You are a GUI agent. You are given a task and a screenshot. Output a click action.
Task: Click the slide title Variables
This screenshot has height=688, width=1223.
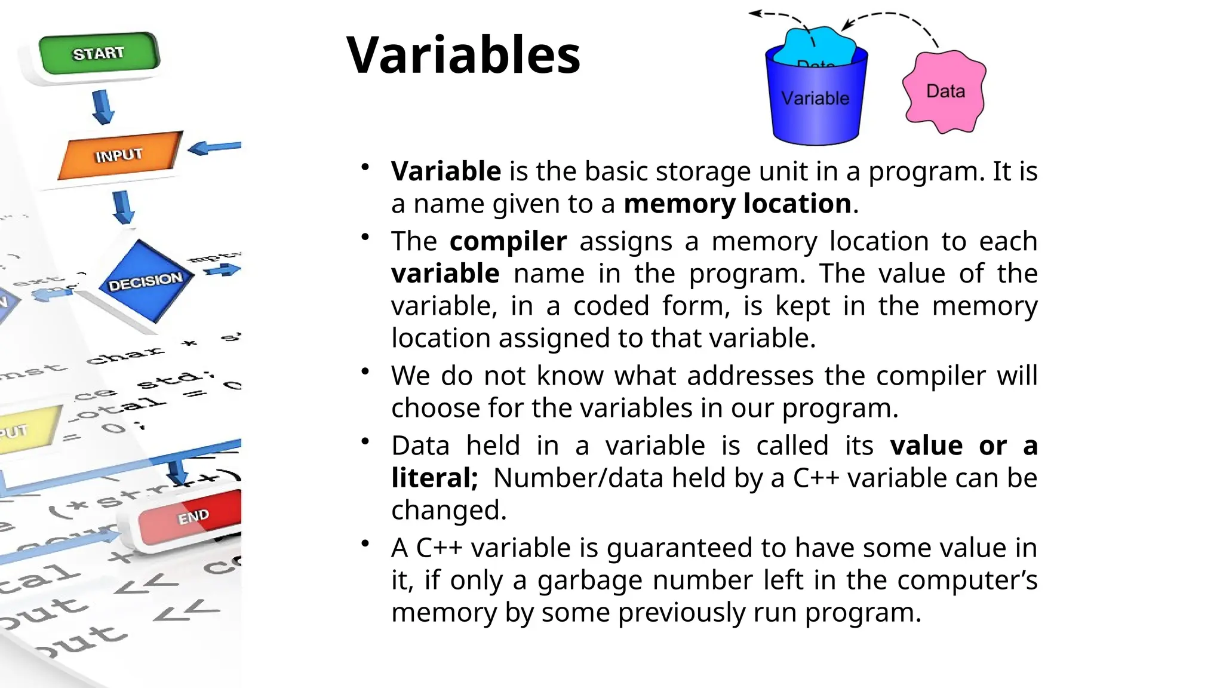tap(463, 55)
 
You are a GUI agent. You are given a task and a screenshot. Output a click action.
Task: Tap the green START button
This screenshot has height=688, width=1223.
tap(99, 53)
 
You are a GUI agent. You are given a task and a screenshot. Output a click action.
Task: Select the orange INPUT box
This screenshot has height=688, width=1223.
tap(119, 155)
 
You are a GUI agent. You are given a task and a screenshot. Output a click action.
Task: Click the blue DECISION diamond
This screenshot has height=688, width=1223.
tap(145, 281)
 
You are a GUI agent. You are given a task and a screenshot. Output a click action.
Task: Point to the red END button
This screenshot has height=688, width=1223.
tap(191, 516)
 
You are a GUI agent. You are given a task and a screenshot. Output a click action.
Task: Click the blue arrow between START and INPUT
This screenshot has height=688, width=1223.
tap(103, 107)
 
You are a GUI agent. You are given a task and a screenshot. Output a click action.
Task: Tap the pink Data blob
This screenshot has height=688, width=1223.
tap(945, 91)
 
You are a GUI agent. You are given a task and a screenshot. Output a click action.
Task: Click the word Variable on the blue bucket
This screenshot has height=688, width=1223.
tap(815, 99)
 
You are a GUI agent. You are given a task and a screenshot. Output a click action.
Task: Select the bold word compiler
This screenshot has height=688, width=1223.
tap(508, 241)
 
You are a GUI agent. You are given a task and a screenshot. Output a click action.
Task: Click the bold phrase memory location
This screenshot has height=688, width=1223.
tap(737, 204)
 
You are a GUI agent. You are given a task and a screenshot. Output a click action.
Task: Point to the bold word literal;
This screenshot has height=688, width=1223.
tap(434, 478)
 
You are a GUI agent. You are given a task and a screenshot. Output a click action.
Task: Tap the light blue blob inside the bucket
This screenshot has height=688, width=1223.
tap(818, 44)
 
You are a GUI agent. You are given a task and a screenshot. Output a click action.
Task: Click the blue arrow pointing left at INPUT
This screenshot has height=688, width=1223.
tap(214, 147)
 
